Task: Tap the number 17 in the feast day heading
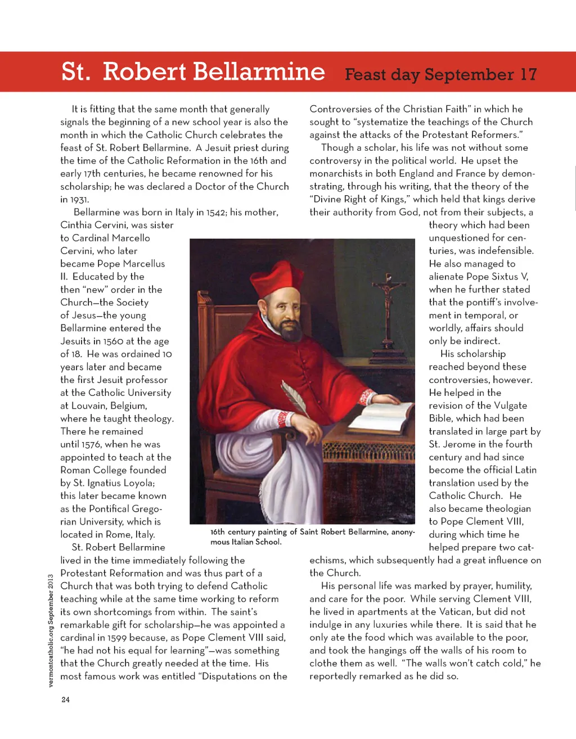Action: coord(528,74)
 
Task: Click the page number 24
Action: coord(66,700)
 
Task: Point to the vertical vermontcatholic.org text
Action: coord(51,630)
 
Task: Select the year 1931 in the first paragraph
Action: coord(74,200)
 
